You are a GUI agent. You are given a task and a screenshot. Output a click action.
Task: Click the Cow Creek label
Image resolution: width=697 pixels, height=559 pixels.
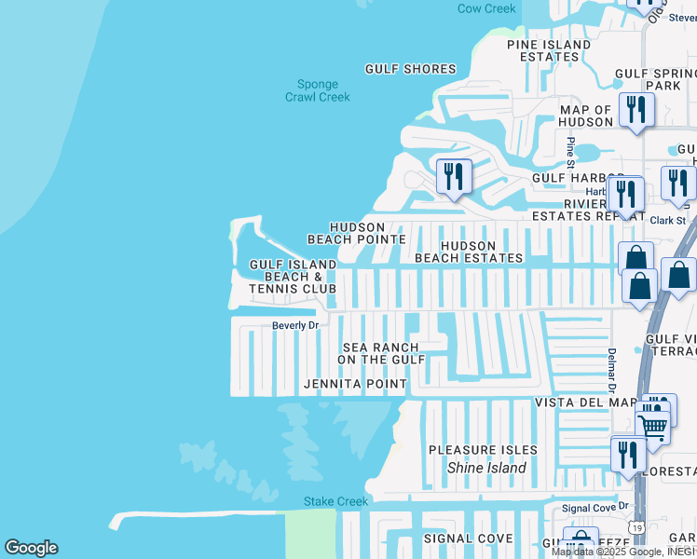tap(485, 8)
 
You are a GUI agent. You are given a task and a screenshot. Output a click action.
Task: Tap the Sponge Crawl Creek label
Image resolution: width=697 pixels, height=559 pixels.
tap(317, 90)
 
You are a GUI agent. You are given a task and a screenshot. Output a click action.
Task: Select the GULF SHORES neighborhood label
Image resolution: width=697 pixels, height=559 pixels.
tap(410, 69)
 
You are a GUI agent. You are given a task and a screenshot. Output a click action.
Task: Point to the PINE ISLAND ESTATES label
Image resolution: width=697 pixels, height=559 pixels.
tap(549, 50)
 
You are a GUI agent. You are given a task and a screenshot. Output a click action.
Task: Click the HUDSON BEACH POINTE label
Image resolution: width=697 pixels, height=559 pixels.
tap(357, 233)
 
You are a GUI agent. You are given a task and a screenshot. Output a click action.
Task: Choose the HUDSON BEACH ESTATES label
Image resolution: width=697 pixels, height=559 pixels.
tap(469, 252)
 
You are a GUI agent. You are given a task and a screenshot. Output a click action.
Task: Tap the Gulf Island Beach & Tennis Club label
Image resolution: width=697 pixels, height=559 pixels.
tap(293, 277)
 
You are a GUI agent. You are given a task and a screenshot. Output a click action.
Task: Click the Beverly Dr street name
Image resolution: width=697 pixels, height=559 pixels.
tap(295, 325)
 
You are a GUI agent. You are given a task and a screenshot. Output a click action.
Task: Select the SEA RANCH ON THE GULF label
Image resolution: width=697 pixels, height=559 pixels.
tap(381, 353)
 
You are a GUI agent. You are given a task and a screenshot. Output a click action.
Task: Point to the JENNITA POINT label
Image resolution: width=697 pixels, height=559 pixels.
tap(355, 384)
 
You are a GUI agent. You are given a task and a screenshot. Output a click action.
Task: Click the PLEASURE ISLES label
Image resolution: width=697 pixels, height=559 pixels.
tap(483, 450)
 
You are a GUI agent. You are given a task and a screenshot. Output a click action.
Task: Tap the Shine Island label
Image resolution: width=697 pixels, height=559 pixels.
tap(486, 469)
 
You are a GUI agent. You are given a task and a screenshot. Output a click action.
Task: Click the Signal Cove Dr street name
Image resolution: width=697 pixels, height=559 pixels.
tap(596, 509)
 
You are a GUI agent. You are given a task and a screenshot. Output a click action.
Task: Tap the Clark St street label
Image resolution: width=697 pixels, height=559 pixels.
tap(667, 221)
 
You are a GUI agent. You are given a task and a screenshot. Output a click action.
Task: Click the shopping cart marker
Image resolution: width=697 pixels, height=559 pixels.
tap(653, 428)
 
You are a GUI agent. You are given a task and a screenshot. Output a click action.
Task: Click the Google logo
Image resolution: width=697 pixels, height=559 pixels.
tap(31, 548)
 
